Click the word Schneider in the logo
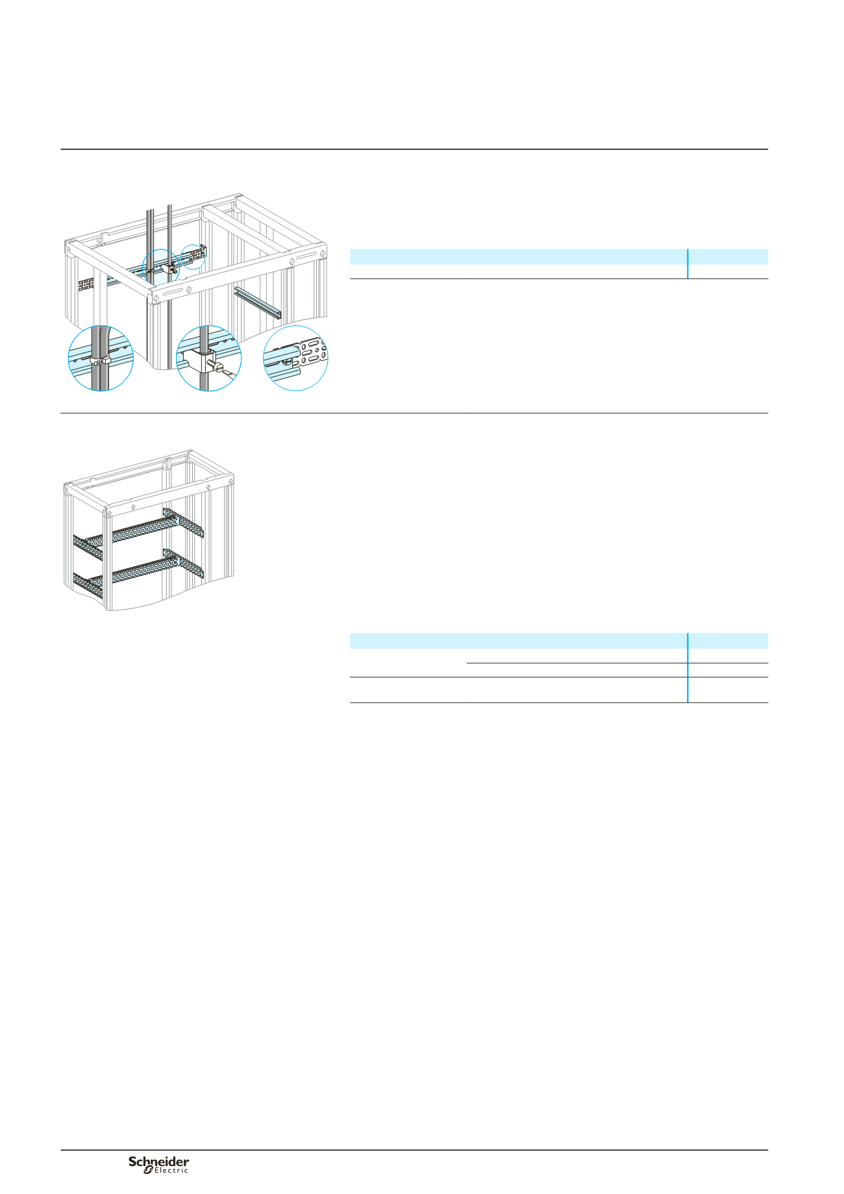[159, 1162]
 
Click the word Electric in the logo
[171, 1171]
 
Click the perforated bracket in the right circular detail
[310, 354]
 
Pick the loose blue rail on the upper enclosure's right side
[258, 303]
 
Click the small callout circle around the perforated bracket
[192, 256]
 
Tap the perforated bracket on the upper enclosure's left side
[86, 284]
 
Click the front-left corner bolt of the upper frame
[156, 299]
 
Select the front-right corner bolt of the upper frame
[321, 253]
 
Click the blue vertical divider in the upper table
[688, 264]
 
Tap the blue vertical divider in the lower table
[688, 667]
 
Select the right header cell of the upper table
[728, 256]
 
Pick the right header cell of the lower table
[728, 641]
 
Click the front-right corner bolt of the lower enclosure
[231, 481]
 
